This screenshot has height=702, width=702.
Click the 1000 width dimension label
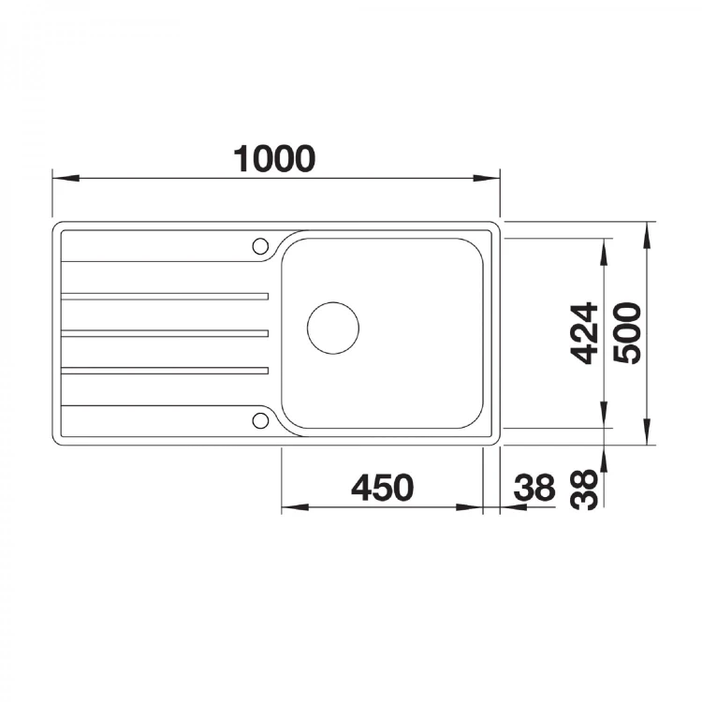tap(274, 158)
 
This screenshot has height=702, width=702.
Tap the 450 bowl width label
tap(382, 488)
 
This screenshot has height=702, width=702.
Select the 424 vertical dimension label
tap(584, 333)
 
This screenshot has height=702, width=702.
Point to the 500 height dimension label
tap(627, 333)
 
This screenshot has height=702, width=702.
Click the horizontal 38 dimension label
tap(534, 488)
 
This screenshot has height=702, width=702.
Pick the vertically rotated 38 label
tap(584, 490)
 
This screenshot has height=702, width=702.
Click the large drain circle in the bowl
tap(333, 328)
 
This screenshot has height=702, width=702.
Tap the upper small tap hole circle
tap(260, 246)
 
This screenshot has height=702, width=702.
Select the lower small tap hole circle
tap(260, 421)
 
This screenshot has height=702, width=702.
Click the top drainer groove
tap(165, 297)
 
